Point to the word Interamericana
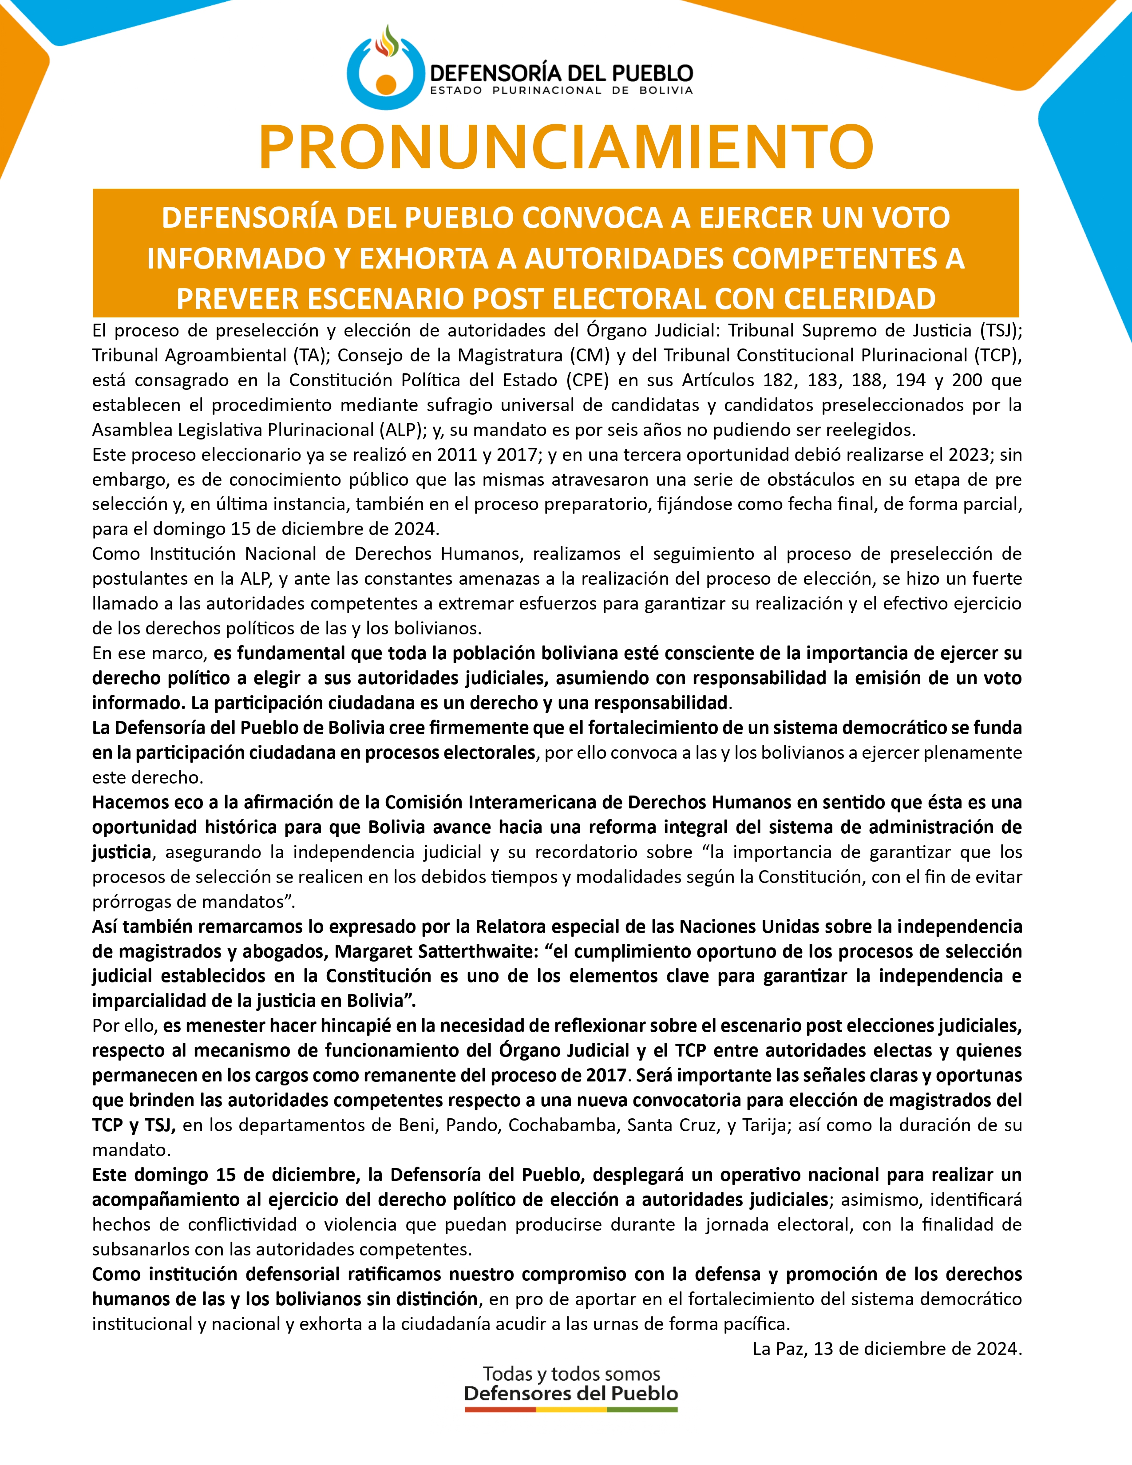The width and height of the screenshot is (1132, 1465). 550,802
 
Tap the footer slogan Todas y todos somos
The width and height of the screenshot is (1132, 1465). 571,1374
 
